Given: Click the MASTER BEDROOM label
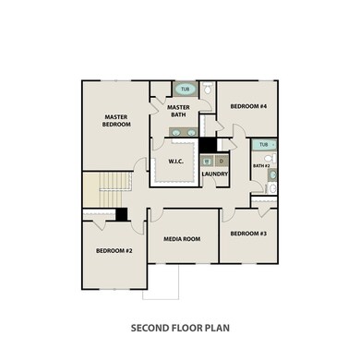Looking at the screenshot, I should [115, 121].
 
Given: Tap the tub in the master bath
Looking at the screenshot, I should [186, 90].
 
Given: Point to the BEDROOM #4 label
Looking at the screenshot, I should [248, 107].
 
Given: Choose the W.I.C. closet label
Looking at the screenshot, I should [177, 162].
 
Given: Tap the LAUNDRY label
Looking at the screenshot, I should [215, 174].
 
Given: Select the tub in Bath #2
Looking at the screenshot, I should [265, 145].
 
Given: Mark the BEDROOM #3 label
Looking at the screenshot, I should [248, 234].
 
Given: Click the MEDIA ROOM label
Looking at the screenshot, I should [182, 239].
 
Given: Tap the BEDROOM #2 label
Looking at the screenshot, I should [115, 251].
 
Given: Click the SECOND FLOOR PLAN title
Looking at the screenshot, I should [180, 328].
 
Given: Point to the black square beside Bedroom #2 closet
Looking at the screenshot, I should [121, 214].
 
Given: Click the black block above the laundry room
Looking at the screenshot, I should [209, 144].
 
